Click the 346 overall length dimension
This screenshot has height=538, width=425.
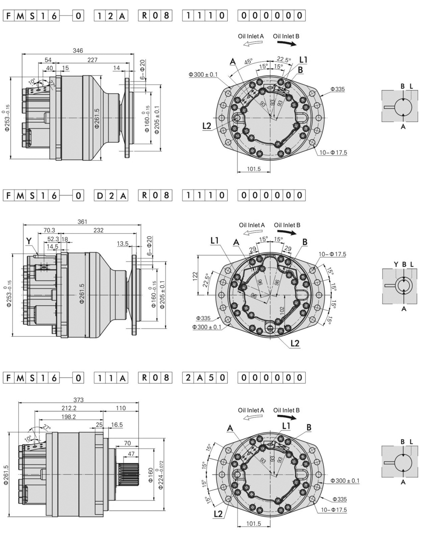pos(78,51)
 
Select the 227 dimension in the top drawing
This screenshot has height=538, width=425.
pos(92,60)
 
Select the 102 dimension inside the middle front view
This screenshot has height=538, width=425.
pos(281,310)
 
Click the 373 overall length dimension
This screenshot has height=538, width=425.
pos(79,400)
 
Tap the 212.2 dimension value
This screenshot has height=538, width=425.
pos(69,408)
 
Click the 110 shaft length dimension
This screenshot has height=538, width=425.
pos(121,408)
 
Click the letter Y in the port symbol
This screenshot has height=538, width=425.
pos(396,265)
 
